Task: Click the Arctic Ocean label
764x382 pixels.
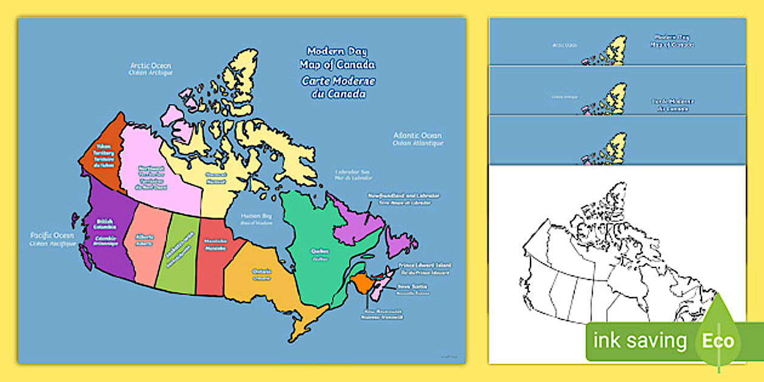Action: pos(150,69)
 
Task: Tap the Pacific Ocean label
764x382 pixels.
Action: pos(53,239)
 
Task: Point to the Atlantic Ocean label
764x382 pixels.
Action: pos(417,139)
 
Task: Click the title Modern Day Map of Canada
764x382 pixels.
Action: pos(337,58)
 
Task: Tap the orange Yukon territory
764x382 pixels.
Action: pos(102,158)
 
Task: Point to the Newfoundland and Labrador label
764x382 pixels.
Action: pos(403,199)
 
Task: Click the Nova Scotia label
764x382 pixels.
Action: pos(412,289)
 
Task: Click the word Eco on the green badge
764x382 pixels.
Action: pos(719,340)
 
